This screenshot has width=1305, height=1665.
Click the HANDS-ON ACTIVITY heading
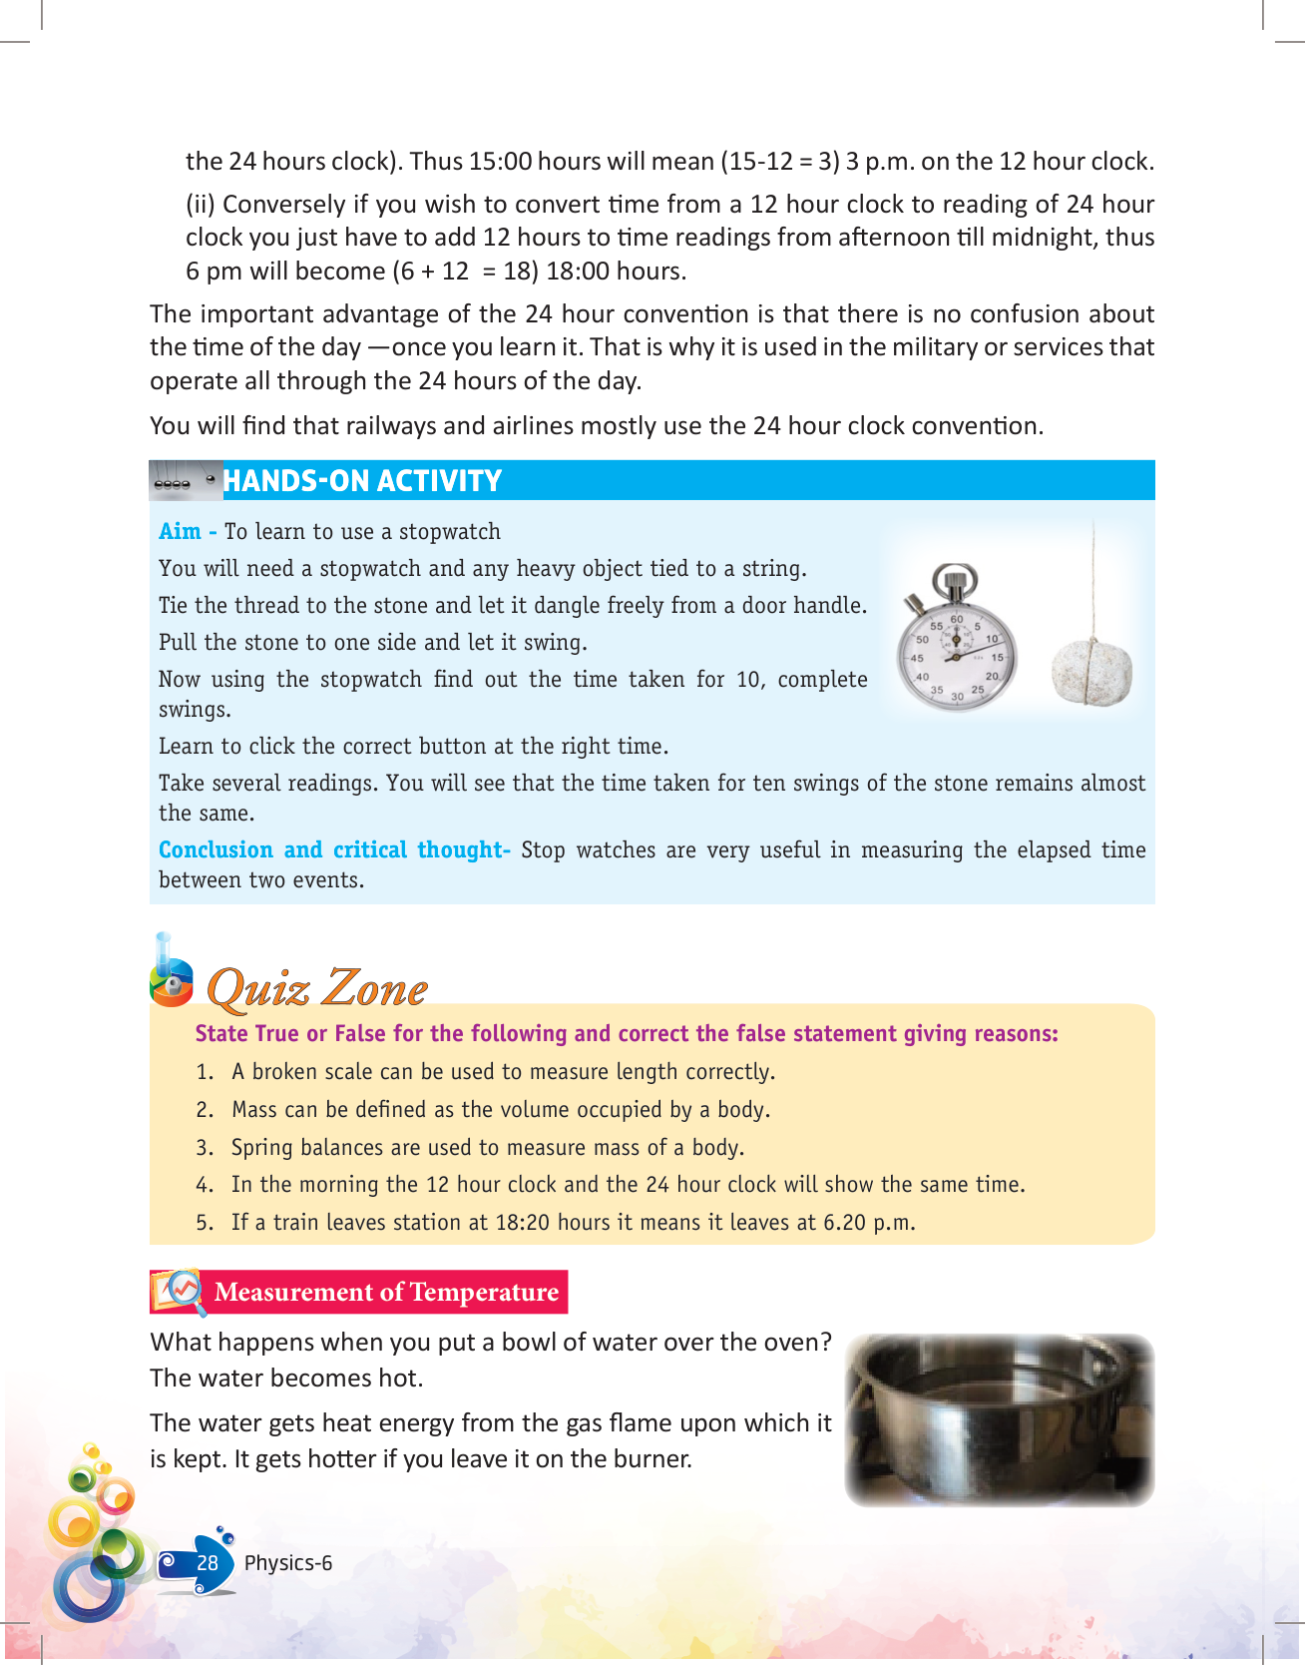(x=361, y=481)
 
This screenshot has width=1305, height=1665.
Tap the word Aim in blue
(x=180, y=532)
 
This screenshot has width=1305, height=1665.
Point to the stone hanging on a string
(x=1091, y=671)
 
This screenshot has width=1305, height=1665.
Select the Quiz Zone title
(x=316, y=988)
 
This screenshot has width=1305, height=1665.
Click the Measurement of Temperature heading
(x=386, y=1293)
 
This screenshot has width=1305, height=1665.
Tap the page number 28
(x=208, y=1563)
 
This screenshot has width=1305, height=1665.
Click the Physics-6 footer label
(x=288, y=1563)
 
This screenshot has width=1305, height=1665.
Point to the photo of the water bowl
(x=999, y=1419)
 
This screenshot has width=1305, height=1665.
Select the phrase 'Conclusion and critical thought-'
(x=334, y=850)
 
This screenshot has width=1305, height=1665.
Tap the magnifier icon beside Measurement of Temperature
(x=179, y=1292)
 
